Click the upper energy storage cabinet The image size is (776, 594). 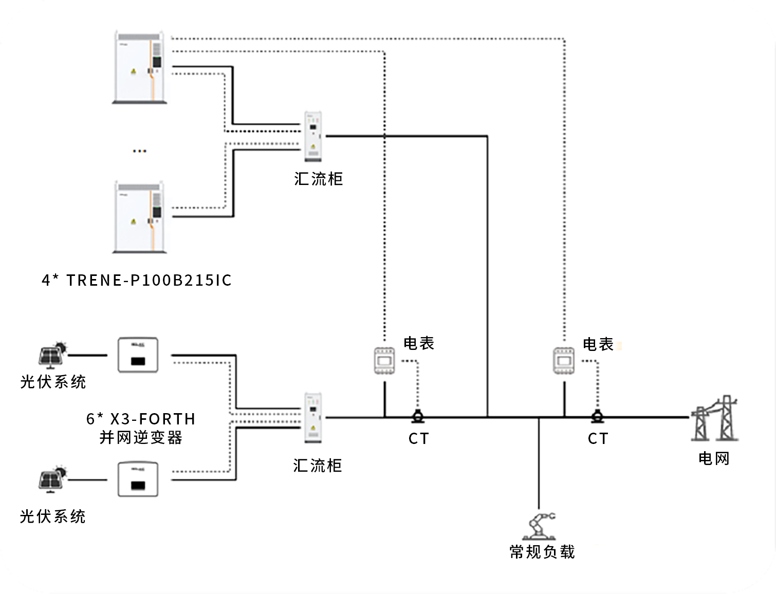pyautogui.click(x=140, y=67)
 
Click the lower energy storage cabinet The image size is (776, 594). pyautogui.click(x=140, y=217)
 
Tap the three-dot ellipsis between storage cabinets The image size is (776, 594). pyautogui.click(x=139, y=151)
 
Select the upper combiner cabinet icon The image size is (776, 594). pyautogui.click(x=313, y=137)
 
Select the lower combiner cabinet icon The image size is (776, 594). pyautogui.click(x=313, y=418)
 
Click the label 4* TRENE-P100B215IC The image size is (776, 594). pyautogui.click(x=137, y=280)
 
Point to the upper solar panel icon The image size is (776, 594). pyautogui.click(x=52, y=355)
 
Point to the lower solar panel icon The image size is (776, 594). pyautogui.click(x=52, y=479)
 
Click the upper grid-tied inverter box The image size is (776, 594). pyautogui.click(x=138, y=355)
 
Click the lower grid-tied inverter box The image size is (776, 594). pyautogui.click(x=138, y=479)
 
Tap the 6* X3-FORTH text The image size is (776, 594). pyautogui.click(x=141, y=419)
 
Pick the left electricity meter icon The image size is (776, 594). pyautogui.click(x=384, y=361)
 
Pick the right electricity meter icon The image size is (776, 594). pyautogui.click(x=564, y=361)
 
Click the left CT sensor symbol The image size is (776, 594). pyautogui.click(x=418, y=416)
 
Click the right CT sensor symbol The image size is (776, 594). pyautogui.click(x=597, y=416)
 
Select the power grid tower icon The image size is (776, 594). pyautogui.click(x=714, y=419)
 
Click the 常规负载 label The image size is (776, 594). pyautogui.click(x=542, y=552)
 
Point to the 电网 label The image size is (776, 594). pyautogui.click(x=714, y=458)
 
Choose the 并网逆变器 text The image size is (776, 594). pyautogui.click(x=141, y=438)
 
